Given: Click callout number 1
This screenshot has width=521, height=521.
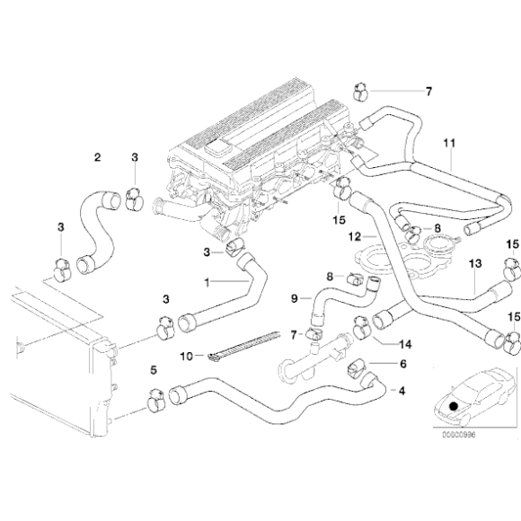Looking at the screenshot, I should pos(207,282).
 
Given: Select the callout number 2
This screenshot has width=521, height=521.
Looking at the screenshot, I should pos(97,158).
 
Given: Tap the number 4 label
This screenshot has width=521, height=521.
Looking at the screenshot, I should pos(402,390).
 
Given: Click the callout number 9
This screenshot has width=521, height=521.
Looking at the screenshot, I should pos(294,297).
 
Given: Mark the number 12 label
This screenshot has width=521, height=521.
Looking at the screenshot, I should pos(355,237).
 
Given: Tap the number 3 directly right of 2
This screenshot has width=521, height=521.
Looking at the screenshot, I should pos(135,158).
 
